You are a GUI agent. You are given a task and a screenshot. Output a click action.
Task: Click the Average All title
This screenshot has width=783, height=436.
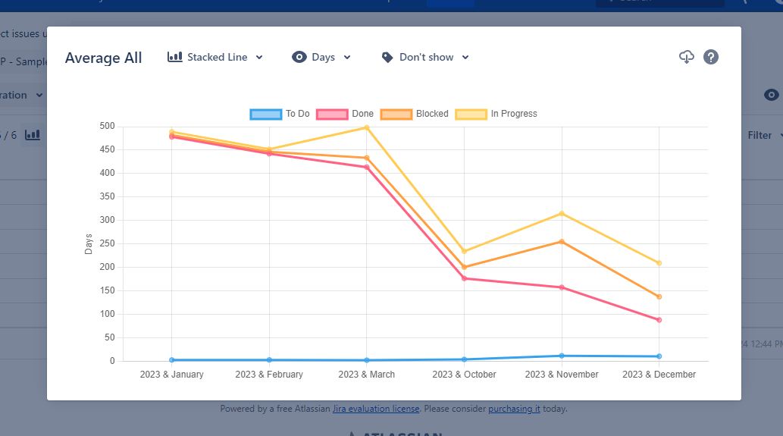click(104, 58)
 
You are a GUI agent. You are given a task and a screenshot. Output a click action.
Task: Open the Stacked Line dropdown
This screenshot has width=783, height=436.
click(215, 57)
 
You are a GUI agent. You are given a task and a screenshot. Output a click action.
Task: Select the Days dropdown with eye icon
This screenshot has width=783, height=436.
click(321, 57)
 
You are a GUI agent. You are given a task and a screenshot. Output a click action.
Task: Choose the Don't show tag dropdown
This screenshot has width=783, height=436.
click(425, 57)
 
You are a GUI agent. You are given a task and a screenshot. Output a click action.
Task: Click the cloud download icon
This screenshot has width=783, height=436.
click(686, 57)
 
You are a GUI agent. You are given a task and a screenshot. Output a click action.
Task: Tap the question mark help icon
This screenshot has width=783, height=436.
click(711, 57)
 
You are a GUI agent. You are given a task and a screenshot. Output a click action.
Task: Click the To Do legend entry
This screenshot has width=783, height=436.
click(280, 114)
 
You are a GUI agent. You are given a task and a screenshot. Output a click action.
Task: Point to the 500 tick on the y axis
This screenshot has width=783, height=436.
click(106, 126)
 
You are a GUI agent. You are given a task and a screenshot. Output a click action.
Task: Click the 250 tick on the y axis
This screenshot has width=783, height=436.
click(106, 243)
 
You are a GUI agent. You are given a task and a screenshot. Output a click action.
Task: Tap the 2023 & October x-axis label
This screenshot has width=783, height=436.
click(464, 375)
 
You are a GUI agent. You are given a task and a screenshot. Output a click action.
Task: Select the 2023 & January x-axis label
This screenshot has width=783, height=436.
click(171, 375)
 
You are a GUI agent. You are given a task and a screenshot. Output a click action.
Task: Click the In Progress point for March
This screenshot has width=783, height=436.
click(367, 127)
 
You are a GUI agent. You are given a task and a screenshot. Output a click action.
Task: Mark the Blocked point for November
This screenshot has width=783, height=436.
click(562, 242)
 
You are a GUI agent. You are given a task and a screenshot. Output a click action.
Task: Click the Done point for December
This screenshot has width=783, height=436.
click(659, 320)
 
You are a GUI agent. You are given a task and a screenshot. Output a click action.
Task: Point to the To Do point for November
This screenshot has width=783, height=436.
click(562, 356)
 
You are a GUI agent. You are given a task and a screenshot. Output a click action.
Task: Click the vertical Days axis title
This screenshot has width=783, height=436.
click(89, 243)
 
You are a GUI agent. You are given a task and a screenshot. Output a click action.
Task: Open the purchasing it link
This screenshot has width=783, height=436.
click(514, 409)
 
